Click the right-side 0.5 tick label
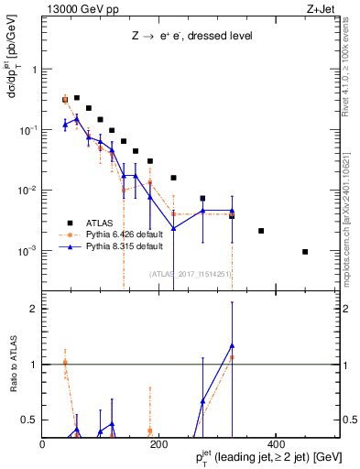(x=349, y=420)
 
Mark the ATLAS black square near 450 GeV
(x=305, y=251)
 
